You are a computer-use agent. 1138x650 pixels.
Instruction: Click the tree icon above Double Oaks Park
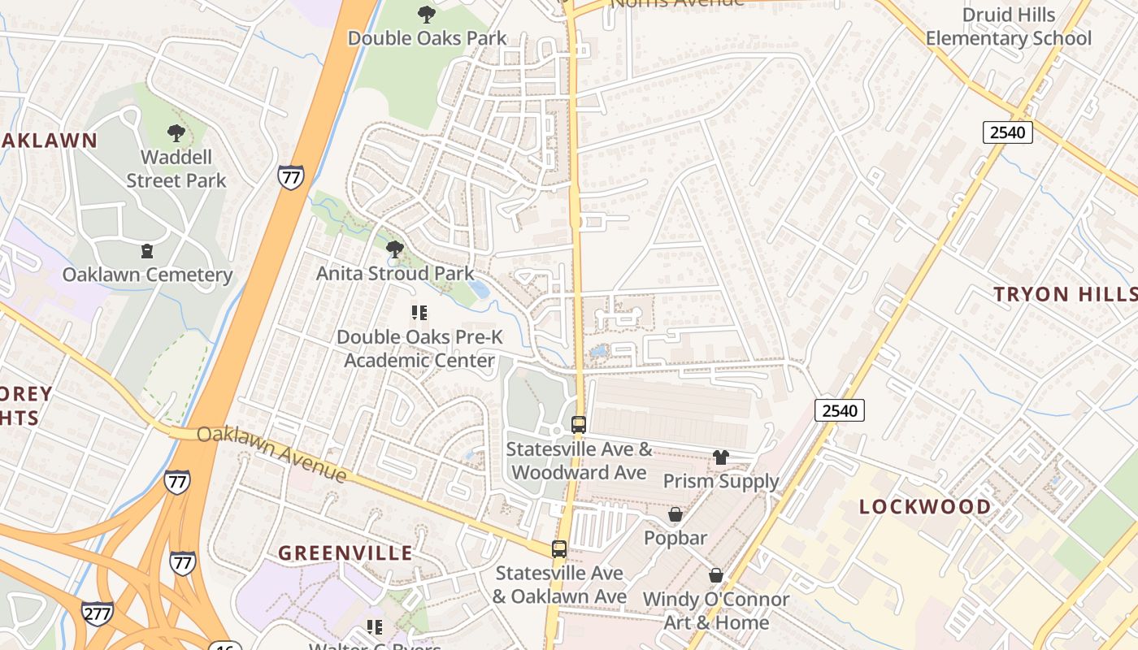coord(426,14)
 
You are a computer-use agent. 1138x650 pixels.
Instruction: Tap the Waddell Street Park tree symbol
coord(176,133)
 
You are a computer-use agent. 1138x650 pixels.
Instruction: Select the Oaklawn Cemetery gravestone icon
coord(147,251)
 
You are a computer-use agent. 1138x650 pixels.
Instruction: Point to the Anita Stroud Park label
coord(395,273)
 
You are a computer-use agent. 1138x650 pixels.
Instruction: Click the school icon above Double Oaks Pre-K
coord(419,312)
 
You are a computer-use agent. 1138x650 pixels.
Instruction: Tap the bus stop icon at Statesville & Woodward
coord(579,424)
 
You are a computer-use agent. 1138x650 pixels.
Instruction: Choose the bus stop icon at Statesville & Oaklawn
coord(559,548)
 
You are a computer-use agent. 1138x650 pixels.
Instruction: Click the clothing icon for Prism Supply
coord(721,457)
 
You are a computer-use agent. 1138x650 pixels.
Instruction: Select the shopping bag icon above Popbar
coord(675,514)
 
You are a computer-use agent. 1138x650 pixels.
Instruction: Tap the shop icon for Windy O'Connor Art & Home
coord(716,575)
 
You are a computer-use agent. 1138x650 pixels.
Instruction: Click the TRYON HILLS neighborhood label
coord(1065,294)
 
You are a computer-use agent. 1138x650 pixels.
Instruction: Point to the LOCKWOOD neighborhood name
coord(925,507)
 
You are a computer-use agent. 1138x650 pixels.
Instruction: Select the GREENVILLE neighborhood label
coord(345,553)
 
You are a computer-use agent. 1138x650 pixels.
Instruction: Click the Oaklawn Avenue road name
coord(272,453)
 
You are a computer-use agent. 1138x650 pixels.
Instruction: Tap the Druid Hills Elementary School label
coord(1008,27)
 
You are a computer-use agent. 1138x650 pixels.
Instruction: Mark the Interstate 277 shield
coord(98,613)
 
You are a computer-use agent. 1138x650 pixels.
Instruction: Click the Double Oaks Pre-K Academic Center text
coord(419,349)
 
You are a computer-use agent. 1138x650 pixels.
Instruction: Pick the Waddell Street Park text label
coord(176,168)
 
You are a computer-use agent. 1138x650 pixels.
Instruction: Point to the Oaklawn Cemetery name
coord(147,275)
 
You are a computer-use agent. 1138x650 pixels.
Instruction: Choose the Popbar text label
coord(675,538)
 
